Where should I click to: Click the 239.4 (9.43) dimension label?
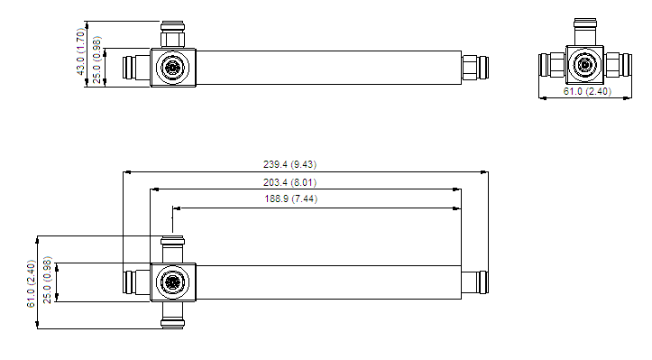(289, 164)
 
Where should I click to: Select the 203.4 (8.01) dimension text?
(289, 182)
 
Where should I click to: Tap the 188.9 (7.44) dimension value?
(290, 198)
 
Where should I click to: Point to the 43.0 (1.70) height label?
(81, 51)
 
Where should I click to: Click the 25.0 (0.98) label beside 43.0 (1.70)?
(96, 60)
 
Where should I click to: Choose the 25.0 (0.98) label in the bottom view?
(48, 280)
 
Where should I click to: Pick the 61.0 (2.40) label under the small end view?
(587, 91)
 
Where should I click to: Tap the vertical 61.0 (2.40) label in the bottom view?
(32, 284)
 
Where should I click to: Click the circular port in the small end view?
(584, 65)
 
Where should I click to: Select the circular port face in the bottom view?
(172, 282)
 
